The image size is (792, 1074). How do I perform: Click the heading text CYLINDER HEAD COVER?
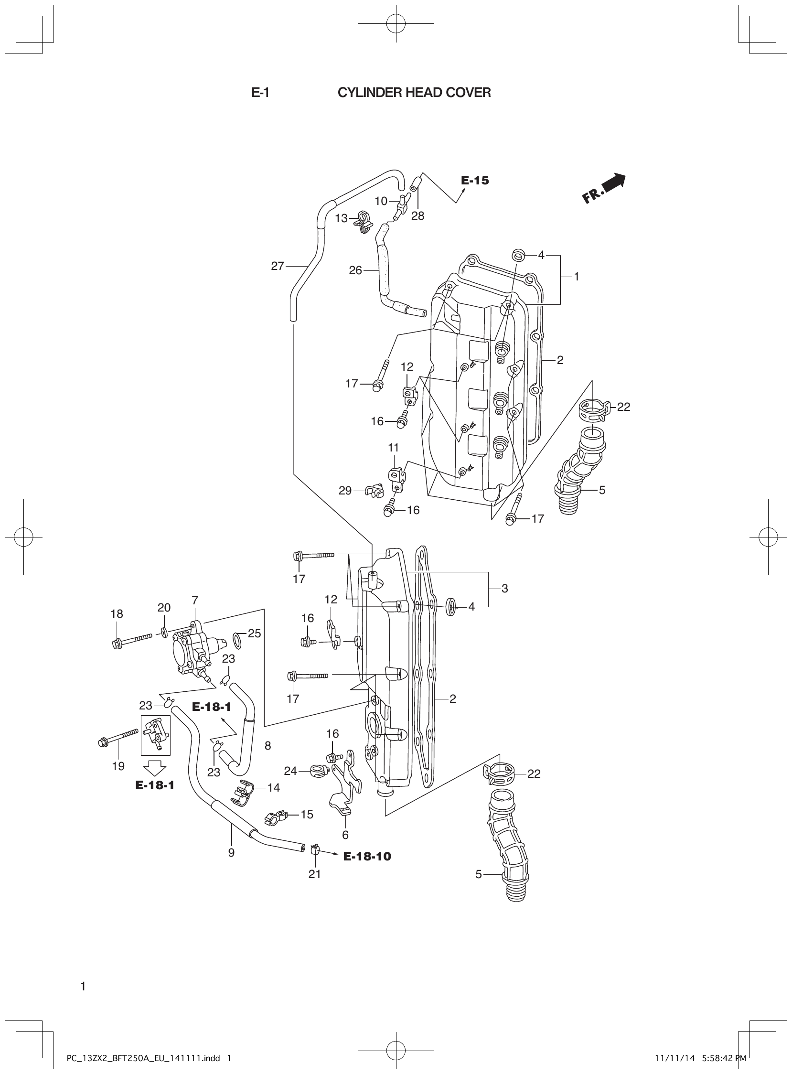click(414, 93)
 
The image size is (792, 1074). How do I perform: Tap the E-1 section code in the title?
click(260, 93)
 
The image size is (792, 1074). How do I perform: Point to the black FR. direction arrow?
click(605, 188)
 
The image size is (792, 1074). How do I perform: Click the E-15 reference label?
click(475, 180)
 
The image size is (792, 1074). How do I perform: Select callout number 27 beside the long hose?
click(278, 266)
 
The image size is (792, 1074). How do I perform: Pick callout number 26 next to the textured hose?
click(355, 270)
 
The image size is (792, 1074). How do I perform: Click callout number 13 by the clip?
click(341, 219)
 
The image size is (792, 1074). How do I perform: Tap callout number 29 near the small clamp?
click(345, 491)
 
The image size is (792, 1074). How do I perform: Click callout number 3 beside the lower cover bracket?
click(504, 588)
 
